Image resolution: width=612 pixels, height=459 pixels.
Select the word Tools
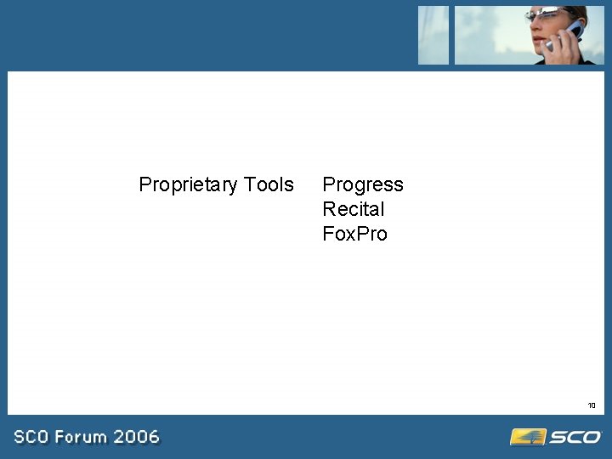click(269, 184)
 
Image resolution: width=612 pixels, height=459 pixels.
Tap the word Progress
click(363, 185)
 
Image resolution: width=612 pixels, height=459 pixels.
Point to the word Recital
click(353, 209)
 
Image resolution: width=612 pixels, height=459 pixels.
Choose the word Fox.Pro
click(354, 234)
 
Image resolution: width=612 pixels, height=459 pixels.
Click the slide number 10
click(592, 405)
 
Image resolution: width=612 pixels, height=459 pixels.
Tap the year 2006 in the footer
click(137, 437)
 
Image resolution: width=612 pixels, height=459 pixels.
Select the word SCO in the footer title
click(31, 437)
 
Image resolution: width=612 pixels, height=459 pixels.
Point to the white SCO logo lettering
click(575, 437)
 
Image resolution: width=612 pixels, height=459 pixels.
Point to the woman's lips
click(537, 37)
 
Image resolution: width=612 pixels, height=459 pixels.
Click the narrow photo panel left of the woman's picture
click(433, 35)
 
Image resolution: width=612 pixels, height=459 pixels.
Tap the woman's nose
click(534, 25)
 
